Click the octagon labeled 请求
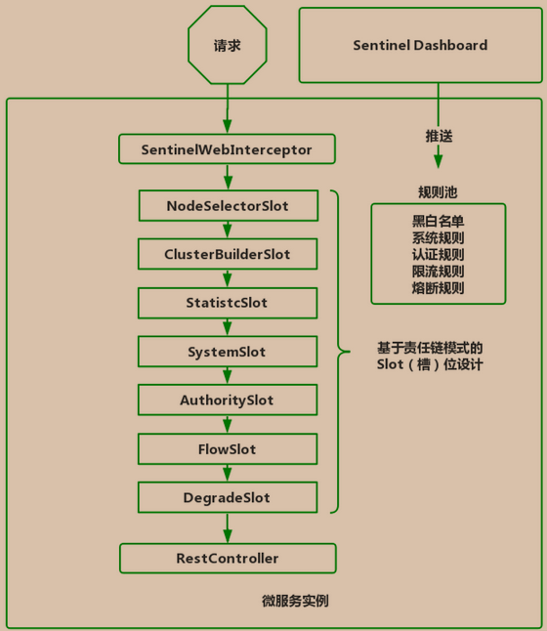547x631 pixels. [227, 45]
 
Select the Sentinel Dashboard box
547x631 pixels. [419, 45]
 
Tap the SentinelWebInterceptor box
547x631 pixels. [227, 150]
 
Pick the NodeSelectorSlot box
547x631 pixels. [227, 205]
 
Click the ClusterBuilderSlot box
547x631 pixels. [227, 254]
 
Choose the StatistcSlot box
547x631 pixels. [227, 303]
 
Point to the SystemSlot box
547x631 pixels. [227, 352]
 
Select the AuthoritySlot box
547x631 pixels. [227, 400]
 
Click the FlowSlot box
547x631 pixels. [227, 449]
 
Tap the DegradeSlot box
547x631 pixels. [227, 498]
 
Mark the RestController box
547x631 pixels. [227, 559]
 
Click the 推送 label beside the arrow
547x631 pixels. [439, 137]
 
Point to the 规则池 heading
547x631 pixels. [438, 190]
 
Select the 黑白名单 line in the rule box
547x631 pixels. [438, 221]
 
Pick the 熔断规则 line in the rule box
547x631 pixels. [438, 288]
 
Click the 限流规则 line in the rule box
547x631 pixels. [438, 272]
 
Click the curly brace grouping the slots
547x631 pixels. [338, 352]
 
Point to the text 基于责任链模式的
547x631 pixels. [430, 348]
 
